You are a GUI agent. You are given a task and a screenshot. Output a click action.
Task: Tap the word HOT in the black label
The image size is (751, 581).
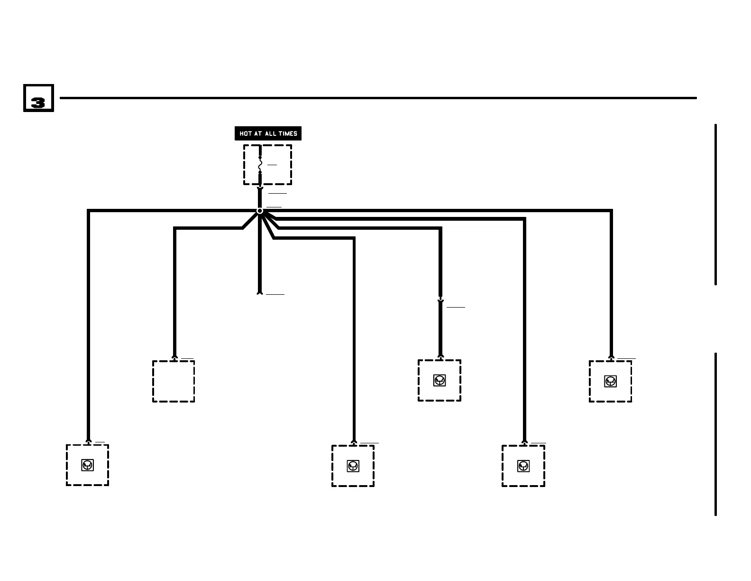pyautogui.click(x=245, y=134)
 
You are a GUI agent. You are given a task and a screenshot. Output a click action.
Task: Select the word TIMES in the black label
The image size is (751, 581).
pyautogui.click(x=288, y=134)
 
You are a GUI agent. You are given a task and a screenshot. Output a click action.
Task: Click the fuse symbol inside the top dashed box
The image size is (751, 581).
pyautogui.click(x=260, y=165)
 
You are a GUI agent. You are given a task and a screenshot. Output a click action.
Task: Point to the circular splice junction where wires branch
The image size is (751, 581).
pyautogui.click(x=260, y=211)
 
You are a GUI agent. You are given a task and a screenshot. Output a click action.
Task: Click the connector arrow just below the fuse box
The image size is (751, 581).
pyautogui.click(x=260, y=189)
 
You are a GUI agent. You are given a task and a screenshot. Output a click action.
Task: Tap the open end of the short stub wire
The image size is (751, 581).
pyautogui.click(x=260, y=293)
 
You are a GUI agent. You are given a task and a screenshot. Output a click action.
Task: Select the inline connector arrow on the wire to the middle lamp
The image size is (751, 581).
pyautogui.click(x=440, y=300)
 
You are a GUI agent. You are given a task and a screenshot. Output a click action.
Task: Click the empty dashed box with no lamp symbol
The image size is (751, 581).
pyautogui.click(x=174, y=381)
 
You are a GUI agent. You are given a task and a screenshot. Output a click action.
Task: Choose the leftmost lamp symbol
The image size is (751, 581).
pyautogui.click(x=87, y=465)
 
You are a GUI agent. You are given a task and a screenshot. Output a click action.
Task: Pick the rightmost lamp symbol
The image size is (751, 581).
pyautogui.click(x=611, y=381)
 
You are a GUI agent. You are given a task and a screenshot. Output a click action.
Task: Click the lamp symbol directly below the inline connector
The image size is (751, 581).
pyautogui.click(x=440, y=380)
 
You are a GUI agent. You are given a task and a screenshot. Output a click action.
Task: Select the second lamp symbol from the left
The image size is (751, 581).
pyautogui.click(x=353, y=466)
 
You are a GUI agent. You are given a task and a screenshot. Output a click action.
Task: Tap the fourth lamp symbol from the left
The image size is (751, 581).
pyautogui.click(x=523, y=466)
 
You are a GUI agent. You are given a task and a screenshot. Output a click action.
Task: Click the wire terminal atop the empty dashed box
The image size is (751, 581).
pyautogui.click(x=174, y=357)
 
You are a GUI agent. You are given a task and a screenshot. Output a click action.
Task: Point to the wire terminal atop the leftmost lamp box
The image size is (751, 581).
pyautogui.click(x=88, y=441)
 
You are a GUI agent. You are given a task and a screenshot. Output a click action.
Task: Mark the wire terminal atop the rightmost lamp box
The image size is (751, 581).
pyautogui.click(x=611, y=357)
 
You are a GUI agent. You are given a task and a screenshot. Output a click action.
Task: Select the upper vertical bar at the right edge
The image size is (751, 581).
pyautogui.click(x=715, y=205)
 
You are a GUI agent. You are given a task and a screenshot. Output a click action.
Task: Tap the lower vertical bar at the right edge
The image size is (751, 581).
pyautogui.click(x=715, y=434)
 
